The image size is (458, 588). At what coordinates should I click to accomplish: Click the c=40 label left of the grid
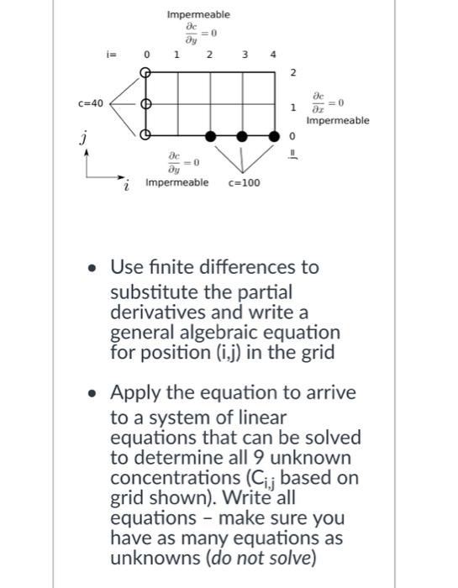[90, 104]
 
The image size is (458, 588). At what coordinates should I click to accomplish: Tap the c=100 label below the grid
[245, 182]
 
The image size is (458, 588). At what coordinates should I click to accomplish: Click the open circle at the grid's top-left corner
[145, 73]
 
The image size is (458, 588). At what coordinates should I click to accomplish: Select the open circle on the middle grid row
[145, 104]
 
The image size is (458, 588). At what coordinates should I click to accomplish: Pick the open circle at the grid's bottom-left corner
[145, 134]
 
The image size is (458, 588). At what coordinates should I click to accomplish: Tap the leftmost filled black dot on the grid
[211, 134]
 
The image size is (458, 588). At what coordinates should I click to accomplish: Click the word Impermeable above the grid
[198, 14]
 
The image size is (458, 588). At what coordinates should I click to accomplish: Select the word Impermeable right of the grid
[338, 122]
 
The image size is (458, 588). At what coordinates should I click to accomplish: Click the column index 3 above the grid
[244, 55]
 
